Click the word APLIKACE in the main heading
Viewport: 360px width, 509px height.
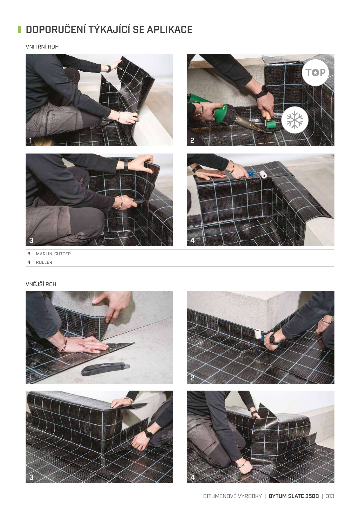170,30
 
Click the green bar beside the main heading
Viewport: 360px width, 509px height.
19,29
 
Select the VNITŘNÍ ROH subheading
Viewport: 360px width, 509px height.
42,47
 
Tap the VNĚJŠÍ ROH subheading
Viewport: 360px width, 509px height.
41,284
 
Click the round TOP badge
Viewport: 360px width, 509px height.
315,73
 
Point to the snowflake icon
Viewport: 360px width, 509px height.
295,120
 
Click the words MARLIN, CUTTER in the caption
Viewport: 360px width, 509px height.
53,254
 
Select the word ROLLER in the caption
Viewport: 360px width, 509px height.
44,262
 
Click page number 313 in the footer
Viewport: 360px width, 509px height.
330,496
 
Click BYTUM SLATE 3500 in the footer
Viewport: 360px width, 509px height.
294,496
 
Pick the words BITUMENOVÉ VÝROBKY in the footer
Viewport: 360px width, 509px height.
233,496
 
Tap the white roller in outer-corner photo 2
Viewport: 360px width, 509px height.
258,334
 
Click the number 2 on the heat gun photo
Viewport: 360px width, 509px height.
192,140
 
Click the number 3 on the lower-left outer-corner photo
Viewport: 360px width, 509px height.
31,477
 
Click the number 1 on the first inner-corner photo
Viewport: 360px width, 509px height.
31,140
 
